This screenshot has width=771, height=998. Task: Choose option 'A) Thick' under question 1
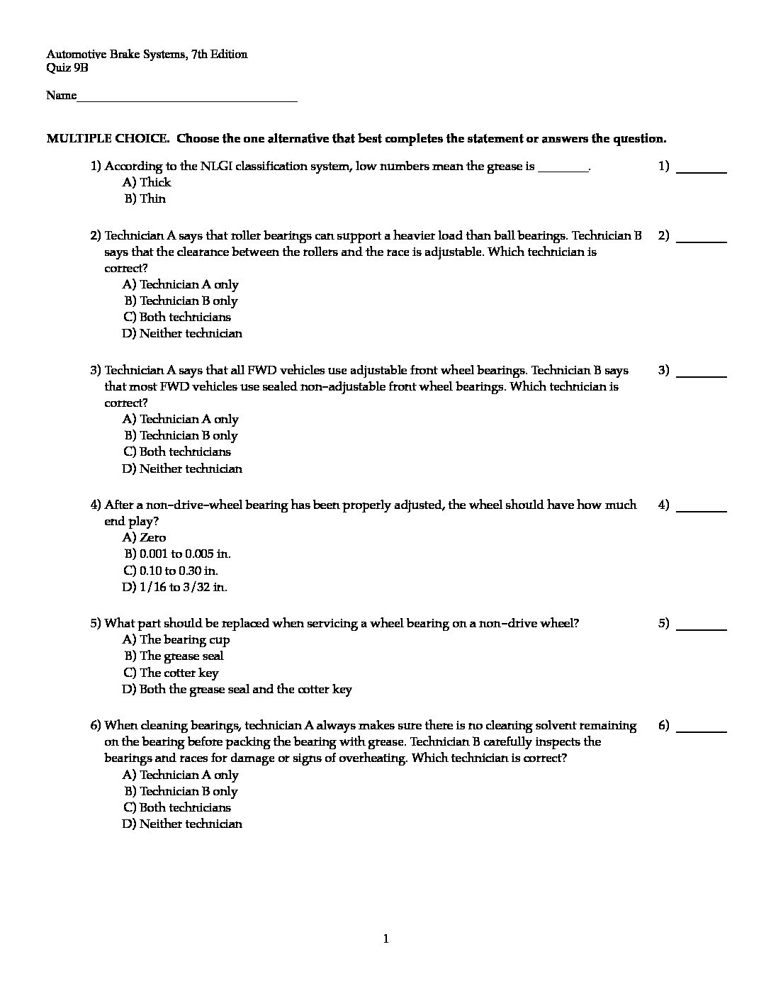coord(147,182)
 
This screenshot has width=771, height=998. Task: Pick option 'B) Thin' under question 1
coord(145,198)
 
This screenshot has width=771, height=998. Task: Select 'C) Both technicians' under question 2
coord(177,317)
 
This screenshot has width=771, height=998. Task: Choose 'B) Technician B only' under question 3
coord(181,435)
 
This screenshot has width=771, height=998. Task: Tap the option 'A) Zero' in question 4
coord(144,537)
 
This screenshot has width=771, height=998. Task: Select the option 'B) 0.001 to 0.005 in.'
coord(177,554)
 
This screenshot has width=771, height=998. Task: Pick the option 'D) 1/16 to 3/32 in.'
coord(174,587)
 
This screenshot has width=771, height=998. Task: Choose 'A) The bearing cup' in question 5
coord(176,639)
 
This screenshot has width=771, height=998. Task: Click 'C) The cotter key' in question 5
coord(171,673)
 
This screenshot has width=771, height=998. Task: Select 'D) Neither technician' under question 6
coord(182,824)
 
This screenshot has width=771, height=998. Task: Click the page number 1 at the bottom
coord(385,939)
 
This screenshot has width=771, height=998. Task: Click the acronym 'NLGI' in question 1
coord(215,167)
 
